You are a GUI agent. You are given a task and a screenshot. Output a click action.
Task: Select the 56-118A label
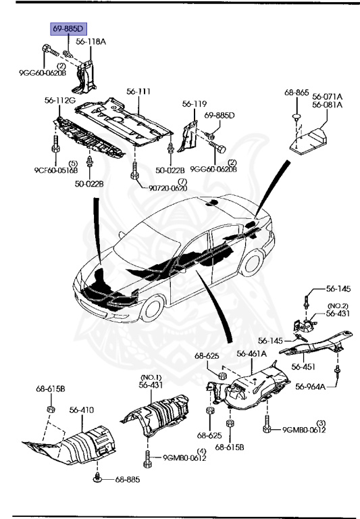[91, 41]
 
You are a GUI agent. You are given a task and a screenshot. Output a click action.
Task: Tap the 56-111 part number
[138, 91]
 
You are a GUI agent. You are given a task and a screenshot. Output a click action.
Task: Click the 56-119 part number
[194, 104]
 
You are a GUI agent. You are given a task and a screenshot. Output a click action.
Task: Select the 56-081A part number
[327, 105]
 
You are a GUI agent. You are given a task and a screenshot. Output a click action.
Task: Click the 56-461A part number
[251, 353]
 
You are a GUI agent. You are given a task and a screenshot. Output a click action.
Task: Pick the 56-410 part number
[81, 410]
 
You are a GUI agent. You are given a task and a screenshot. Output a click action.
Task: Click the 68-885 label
[127, 480]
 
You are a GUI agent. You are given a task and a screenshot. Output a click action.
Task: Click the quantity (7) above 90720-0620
[181, 181]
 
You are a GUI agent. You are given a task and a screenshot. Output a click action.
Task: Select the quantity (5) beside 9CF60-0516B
[72, 164]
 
